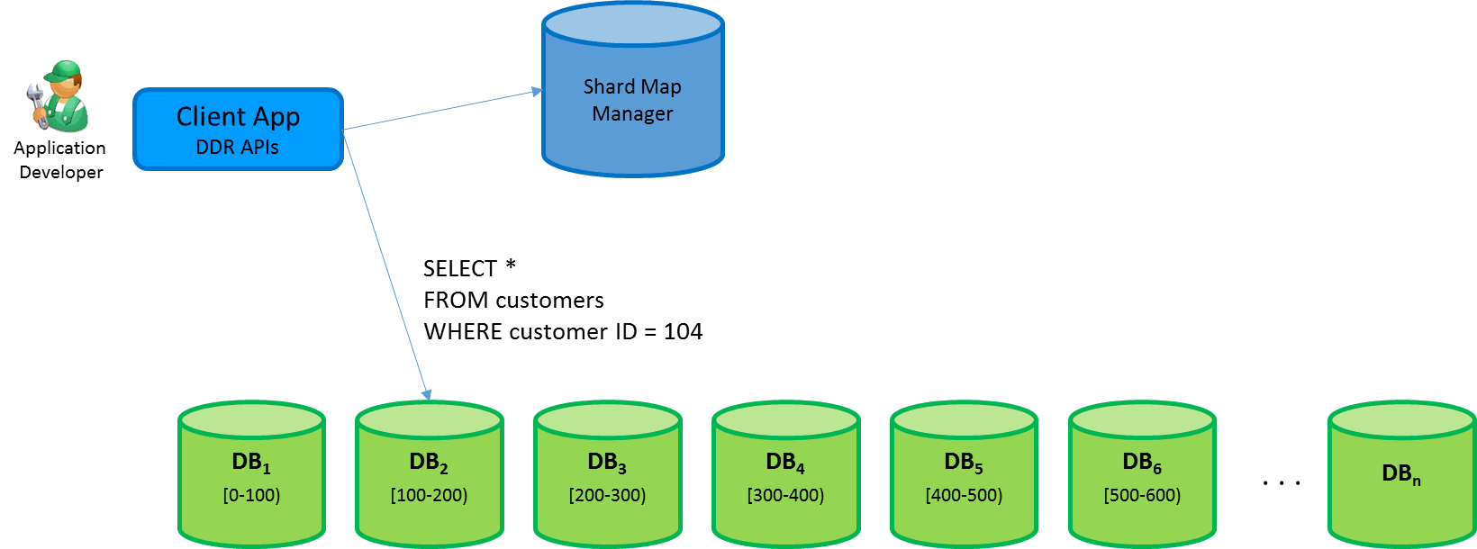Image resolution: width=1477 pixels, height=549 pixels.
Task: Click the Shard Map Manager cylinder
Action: (x=632, y=99)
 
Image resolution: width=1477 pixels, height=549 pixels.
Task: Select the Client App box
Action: (x=238, y=129)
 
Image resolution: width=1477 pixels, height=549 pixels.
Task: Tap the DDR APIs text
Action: (x=238, y=148)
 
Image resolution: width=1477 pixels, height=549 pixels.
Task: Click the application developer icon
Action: (x=59, y=95)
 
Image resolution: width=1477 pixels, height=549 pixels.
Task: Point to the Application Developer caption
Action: (x=60, y=160)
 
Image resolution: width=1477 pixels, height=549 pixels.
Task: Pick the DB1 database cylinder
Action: (x=251, y=474)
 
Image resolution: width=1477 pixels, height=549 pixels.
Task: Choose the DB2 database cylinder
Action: (x=429, y=474)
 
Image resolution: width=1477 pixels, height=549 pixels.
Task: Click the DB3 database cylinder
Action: (x=607, y=474)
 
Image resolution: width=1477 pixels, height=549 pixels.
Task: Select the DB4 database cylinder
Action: (x=785, y=474)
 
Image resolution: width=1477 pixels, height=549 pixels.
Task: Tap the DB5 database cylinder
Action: (x=964, y=474)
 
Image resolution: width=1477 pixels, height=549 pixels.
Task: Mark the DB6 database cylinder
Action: (x=1142, y=474)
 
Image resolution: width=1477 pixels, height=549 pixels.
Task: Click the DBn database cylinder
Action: (x=1401, y=474)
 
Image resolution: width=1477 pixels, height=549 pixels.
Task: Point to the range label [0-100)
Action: (x=251, y=495)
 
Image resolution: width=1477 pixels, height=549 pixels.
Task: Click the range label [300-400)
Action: (x=785, y=495)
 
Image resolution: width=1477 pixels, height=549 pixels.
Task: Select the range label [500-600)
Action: (x=1142, y=495)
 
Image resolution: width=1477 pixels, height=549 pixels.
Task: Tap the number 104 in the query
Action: (x=683, y=332)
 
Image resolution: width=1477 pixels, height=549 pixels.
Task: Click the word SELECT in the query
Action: (x=460, y=269)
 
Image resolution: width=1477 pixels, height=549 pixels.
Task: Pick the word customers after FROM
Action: (x=550, y=301)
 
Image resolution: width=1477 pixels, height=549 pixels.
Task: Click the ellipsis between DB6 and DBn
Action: (x=1281, y=483)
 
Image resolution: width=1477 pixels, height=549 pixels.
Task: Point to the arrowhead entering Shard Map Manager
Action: (x=537, y=91)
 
